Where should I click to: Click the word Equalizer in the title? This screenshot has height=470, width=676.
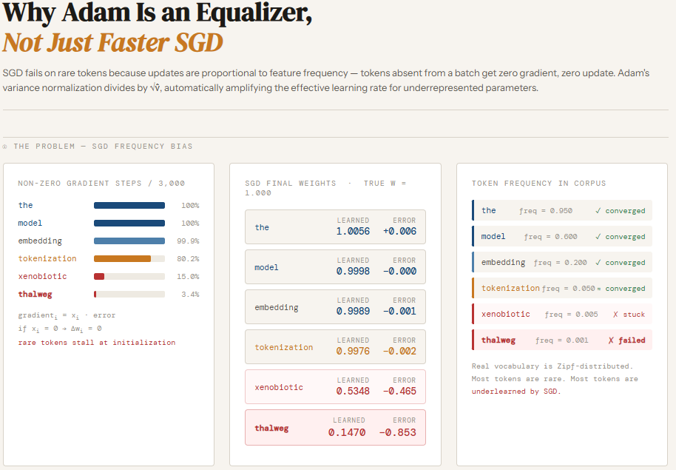pyautogui.click(x=254, y=13)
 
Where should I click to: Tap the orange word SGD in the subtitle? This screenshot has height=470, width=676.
pyautogui.click(x=199, y=42)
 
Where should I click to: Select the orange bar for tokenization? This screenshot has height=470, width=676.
pyautogui.click(x=123, y=258)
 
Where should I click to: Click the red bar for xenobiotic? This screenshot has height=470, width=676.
pyautogui.click(x=99, y=276)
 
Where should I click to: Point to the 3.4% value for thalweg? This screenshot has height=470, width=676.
pyautogui.click(x=190, y=295)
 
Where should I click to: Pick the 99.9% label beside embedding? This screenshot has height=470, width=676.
pyautogui.click(x=188, y=241)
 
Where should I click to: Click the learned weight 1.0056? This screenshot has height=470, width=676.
pyautogui.click(x=353, y=232)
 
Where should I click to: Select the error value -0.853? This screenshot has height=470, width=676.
pyautogui.click(x=397, y=432)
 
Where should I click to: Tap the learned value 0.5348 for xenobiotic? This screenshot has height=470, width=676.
pyautogui.click(x=353, y=391)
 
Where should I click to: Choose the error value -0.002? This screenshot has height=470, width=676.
pyautogui.click(x=399, y=351)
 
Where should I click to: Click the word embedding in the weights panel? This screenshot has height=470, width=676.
pyautogui.click(x=277, y=307)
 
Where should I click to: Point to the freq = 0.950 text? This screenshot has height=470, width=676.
pyautogui.click(x=545, y=211)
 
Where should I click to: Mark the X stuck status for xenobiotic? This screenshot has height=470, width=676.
pyautogui.click(x=629, y=314)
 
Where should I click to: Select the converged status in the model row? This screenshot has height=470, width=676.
pyautogui.click(x=621, y=237)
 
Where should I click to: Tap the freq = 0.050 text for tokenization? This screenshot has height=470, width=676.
pyautogui.click(x=568, y=289)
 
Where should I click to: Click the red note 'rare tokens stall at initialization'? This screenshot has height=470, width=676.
pyautogui.click(x=97, y=342)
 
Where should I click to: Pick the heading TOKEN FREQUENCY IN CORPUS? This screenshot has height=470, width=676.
pyautogui.click(x=538, y=183)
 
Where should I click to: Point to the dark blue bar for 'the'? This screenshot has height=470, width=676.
pyautogui.click(x=129, y=206)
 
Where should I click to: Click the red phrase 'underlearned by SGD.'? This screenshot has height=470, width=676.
pyautogui.click(x=516, y=391)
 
